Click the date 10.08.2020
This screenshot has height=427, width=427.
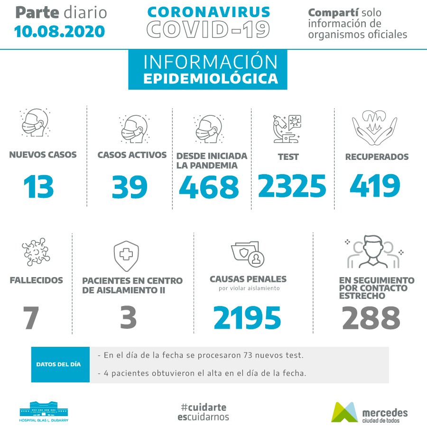[x=59, y=31]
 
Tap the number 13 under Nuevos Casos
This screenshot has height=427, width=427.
[x=39, y=186]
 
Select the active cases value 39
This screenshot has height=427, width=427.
[x=130, y=186]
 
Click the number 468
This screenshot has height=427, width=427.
[x=209, y=186]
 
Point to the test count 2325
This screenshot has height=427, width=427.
[x=292, y=186]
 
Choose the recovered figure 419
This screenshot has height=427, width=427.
[x=375, y=186]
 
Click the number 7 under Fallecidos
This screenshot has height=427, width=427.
[x=31, y=318]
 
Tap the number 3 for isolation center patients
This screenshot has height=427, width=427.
[x=129, y=318]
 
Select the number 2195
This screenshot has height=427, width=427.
[x=247, y=318]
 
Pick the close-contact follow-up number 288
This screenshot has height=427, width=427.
[x=371, y=318]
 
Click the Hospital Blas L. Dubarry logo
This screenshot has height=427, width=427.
[x=44, y=411]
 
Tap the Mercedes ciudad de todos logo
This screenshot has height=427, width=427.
[x=369, y=412]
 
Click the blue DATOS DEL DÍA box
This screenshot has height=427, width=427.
[x=60, y=364]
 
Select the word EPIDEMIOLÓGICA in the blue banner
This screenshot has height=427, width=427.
[x=210, y=79]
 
